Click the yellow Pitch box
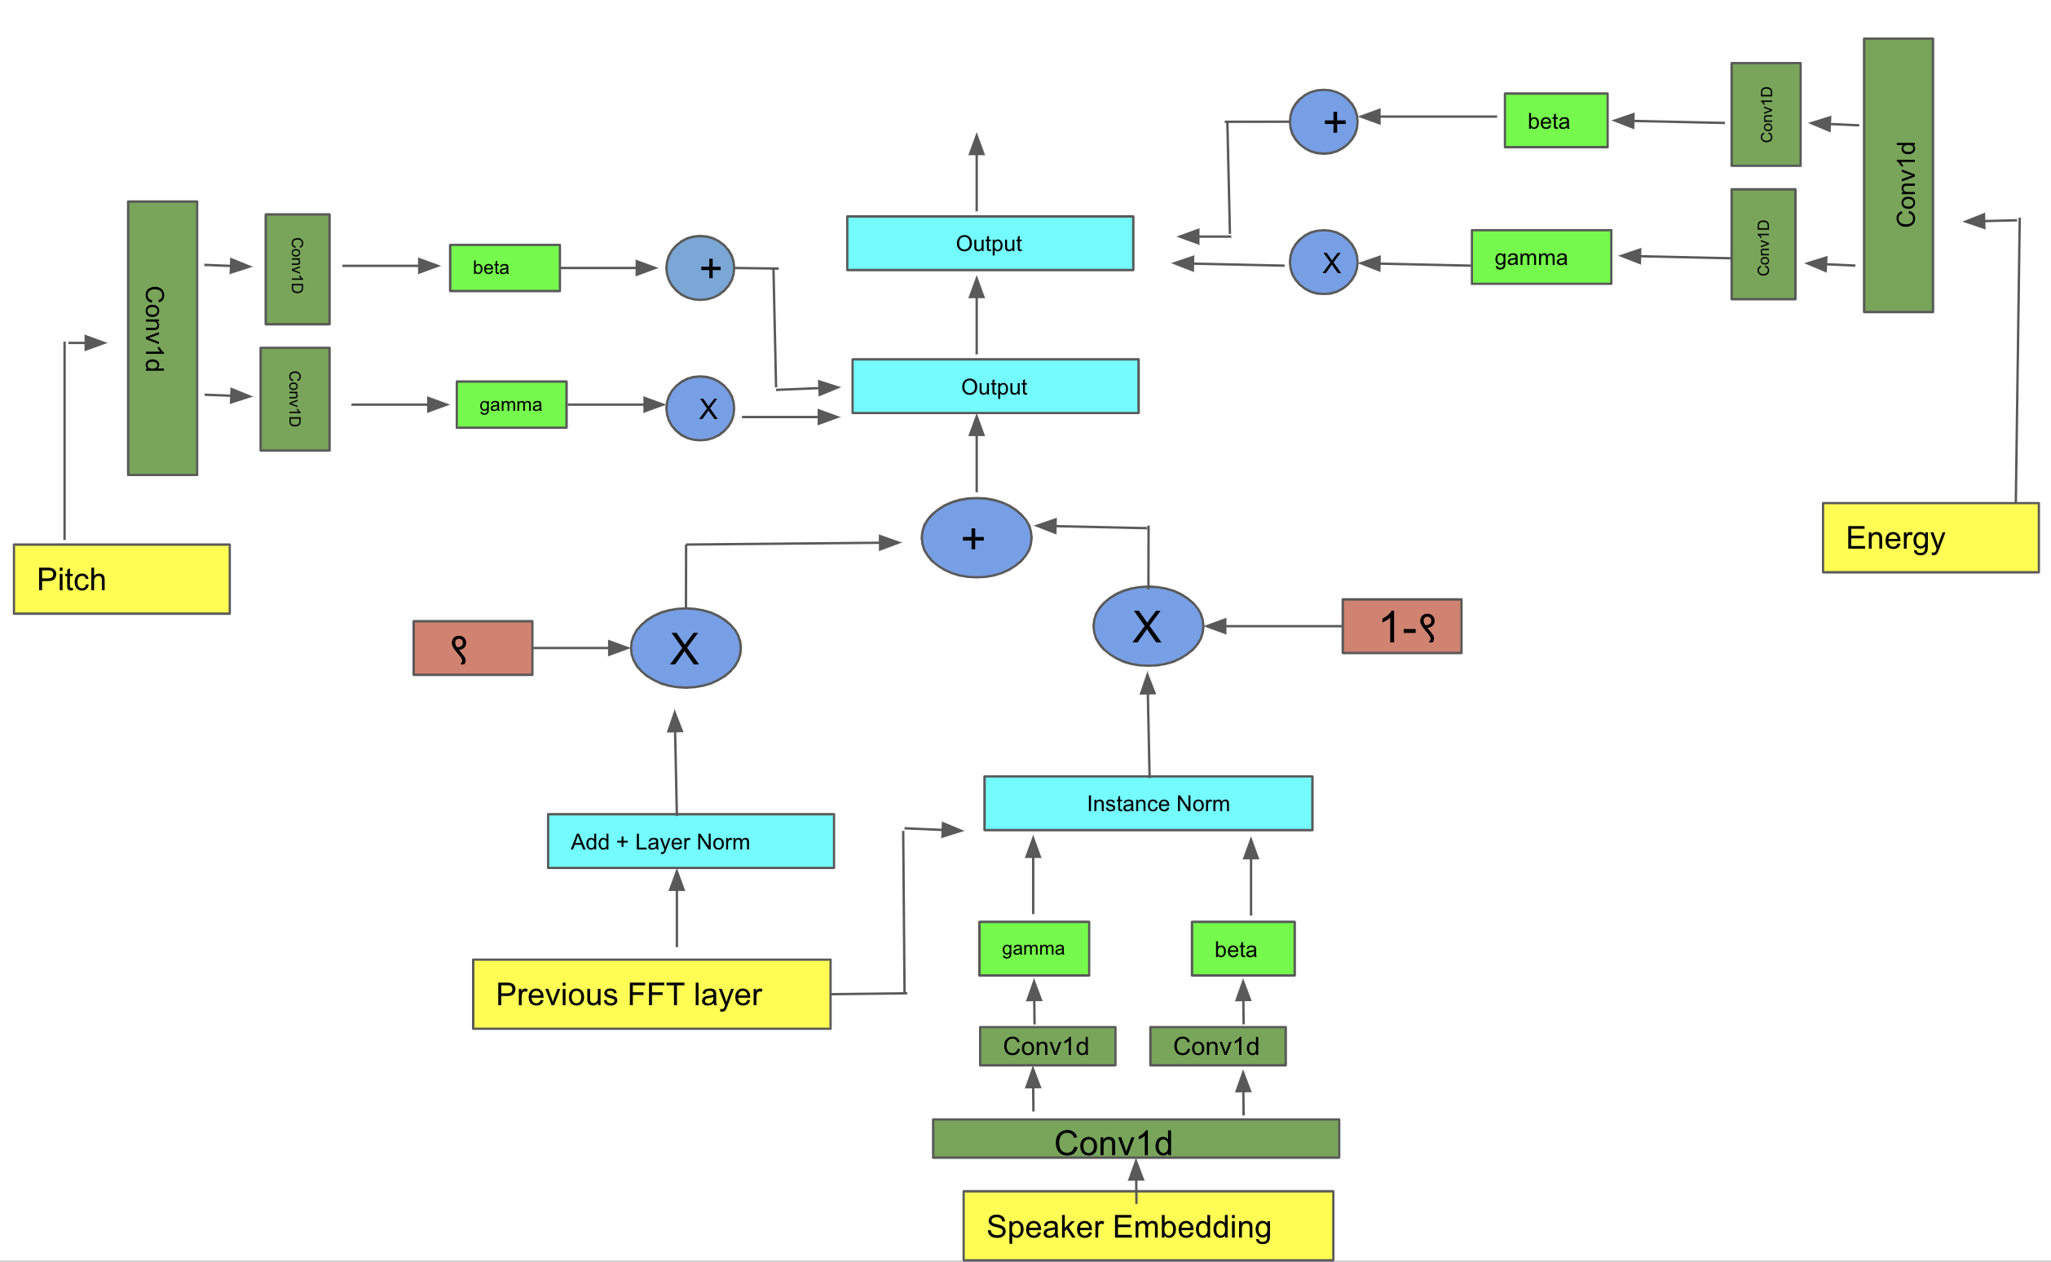click(121, 580)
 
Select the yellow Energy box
click(1930, 537)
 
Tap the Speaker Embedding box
click(1148, 1226)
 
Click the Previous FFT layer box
click(651, 994)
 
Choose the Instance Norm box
click(1148, 803)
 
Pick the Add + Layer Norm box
click(691, 841)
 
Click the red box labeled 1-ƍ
click(1402, 626)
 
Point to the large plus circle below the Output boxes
click(977, 537)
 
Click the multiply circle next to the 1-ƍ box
click(1148, 626)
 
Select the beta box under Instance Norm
click(1243, 948)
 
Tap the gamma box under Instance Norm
click(1034, 948)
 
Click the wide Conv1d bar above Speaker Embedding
click(1136, 1138)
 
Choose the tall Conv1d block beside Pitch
click(163, 338)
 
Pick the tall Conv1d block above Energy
click(1899, 175)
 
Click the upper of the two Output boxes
click(990, 243)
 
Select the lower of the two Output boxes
click(995, 386)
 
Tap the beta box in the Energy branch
click(1555, 120)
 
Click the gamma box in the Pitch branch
click(511, 405)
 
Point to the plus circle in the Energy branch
click(1323, 121)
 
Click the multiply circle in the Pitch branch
click(700, 408)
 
